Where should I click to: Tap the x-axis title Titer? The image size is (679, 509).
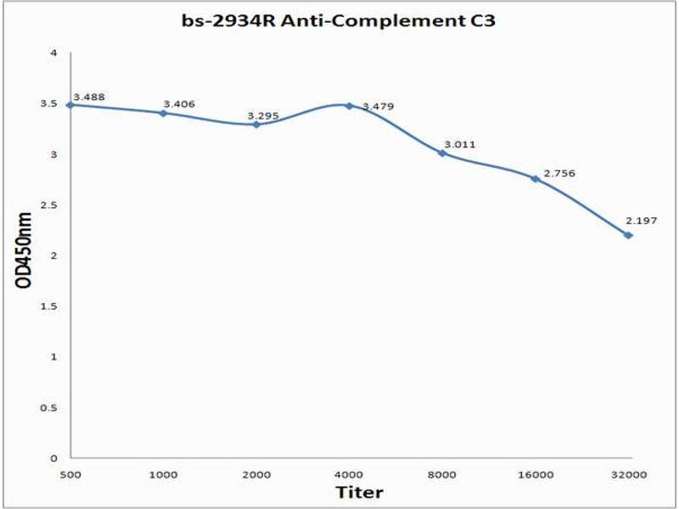[359, 492]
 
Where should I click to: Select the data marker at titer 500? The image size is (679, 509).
[70, 104]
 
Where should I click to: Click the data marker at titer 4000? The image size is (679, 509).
[349, 105]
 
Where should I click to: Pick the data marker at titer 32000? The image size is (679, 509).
[628, 235]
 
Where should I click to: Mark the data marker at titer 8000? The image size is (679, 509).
[442, 153]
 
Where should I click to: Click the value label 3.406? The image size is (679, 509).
[179, 103]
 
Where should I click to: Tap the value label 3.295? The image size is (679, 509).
[263, 115]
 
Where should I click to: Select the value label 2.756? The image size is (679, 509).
[559, 173]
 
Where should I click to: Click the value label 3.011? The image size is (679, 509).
[460, 144]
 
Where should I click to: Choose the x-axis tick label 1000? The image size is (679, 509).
[163, 474]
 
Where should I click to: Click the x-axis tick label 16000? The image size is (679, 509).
[535, 474]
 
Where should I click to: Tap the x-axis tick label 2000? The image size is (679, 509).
[256, 474]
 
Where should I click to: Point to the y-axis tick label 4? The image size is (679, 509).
[53, 53]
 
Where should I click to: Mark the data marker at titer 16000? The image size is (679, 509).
[535, 178]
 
